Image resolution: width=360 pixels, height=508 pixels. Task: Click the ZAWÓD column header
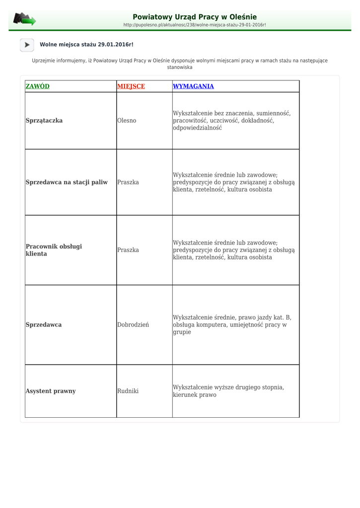37,86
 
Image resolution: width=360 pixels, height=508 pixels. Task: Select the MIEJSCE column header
131,86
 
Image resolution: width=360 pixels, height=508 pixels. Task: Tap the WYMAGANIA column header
193,86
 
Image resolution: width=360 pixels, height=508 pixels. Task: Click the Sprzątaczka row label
44,120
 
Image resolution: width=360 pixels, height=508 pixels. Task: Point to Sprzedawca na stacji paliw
67,182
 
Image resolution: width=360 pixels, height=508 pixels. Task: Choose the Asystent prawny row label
51,391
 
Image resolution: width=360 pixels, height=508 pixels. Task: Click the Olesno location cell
127,120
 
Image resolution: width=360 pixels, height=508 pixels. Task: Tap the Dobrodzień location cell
133,325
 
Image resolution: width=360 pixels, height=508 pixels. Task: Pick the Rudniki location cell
128,391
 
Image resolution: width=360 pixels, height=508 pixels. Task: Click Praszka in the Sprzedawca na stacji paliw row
128,182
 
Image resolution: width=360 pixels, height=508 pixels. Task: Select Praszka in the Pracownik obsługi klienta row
128,250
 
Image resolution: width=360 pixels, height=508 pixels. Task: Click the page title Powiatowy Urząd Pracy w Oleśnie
195,17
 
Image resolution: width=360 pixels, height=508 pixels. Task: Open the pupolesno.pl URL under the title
195,25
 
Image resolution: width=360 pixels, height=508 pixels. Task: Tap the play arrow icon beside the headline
27,45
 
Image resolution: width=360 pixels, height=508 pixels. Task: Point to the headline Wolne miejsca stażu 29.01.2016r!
86,45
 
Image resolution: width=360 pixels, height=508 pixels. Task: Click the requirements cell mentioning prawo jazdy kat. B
232,325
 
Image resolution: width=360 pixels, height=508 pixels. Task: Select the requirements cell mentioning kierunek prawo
228,391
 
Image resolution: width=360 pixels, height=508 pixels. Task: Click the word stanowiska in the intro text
180,67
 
